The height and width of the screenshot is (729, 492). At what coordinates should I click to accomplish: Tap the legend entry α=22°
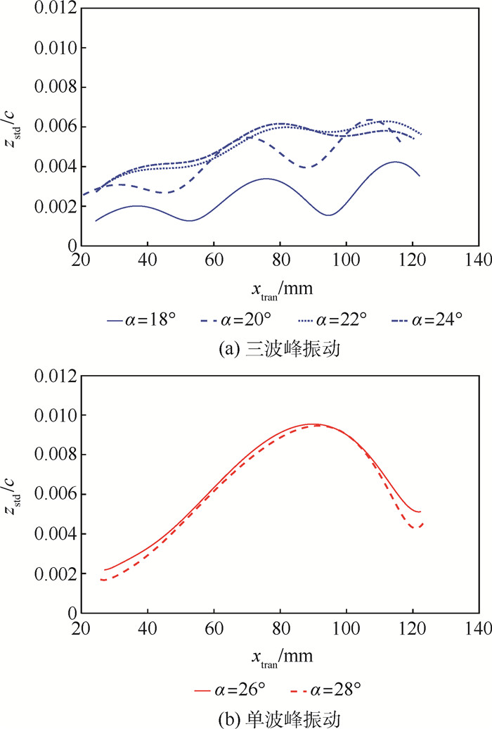pos(342,318)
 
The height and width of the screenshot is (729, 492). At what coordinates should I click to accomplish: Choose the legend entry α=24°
pos(436,318)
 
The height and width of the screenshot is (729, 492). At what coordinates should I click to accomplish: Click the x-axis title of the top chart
pos(280,289)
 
